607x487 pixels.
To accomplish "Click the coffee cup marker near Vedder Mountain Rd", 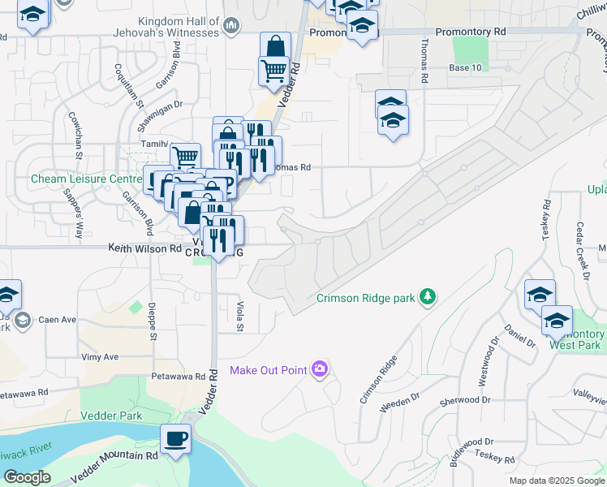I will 175,441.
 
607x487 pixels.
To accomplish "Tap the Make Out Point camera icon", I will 320,370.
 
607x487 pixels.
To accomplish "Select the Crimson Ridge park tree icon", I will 428,298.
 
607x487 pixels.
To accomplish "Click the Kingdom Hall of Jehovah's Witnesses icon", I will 232,27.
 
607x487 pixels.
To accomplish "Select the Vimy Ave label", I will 100,356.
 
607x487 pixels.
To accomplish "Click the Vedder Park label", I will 111,416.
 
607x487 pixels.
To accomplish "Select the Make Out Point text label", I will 268,371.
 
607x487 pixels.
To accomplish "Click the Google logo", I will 26,478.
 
